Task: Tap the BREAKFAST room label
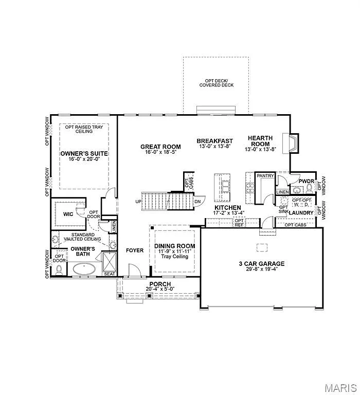[214, 140]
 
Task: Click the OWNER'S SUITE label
[84, 154]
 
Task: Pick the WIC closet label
[68, 214]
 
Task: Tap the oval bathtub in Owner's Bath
[84, 268]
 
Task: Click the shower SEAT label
[110, 274]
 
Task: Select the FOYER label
[135, 250]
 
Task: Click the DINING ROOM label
[174, 246]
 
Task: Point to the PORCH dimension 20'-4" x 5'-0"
[160, 289]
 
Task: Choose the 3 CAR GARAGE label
[261, 264]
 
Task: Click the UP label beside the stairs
[138, 201]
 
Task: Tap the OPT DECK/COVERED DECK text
[216, 83]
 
